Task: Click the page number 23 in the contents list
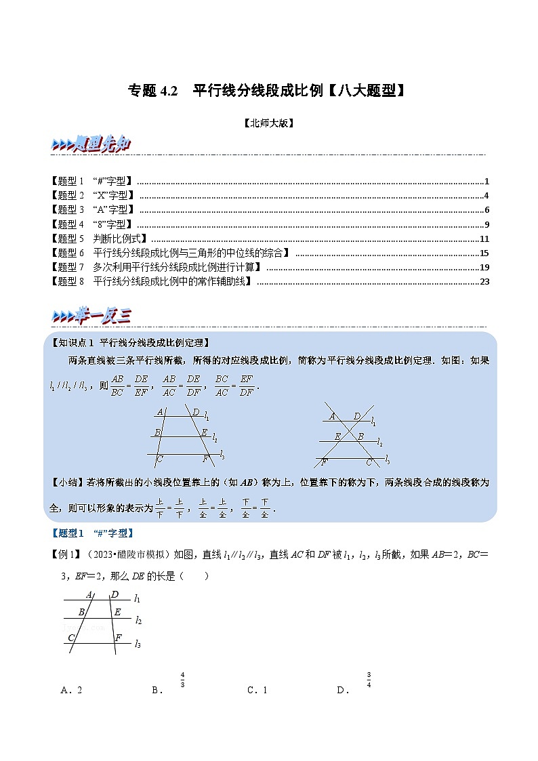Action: [x=484, y=282]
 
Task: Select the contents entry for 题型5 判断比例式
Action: [x=100, y=239]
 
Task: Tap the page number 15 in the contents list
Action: [x=484, y=253]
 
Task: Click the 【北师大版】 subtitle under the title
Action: [x=268, y=123]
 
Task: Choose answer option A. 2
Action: [x=71, y=690]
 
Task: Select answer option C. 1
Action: [x=257, y=690]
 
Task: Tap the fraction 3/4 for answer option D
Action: [x=369, y=679]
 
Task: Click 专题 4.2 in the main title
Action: [x=152, y=91]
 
